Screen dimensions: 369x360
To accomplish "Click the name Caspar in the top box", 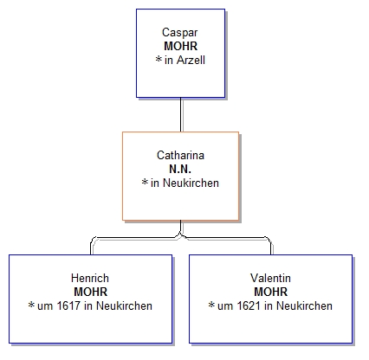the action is coord(179,33).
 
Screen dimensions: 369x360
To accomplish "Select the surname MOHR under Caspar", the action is coord(181,46).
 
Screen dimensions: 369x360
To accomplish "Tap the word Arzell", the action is coord(191,60).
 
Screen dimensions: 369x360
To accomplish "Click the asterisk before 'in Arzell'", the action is coord(159,59).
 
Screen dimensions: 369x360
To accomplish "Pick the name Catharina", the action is coord(180,155).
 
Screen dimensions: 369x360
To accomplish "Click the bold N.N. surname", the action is coord(180,169).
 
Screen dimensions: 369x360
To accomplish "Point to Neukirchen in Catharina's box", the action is coord(191,183).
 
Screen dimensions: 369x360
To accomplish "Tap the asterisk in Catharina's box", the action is coord(145,182).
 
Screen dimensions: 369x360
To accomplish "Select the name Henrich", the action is coord(90,278).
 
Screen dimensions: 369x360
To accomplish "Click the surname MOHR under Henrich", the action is coord(91,292).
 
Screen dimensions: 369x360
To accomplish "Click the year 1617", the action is coord(68,305).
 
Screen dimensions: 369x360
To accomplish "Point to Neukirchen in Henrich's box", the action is coord(124,305).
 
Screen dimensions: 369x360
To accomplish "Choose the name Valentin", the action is coord(270,278).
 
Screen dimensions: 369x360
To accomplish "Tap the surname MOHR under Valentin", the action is coord(271,292).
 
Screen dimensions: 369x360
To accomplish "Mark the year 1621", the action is coord(249,305).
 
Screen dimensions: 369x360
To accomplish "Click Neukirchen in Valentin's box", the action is coord(304,305).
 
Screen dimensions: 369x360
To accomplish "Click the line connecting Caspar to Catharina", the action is coord(181,114).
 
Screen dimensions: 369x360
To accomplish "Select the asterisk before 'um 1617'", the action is coord(31,305).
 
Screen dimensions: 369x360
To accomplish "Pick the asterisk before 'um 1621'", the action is coord(211,305).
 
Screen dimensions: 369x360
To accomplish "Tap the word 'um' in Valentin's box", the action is coord(225,307).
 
